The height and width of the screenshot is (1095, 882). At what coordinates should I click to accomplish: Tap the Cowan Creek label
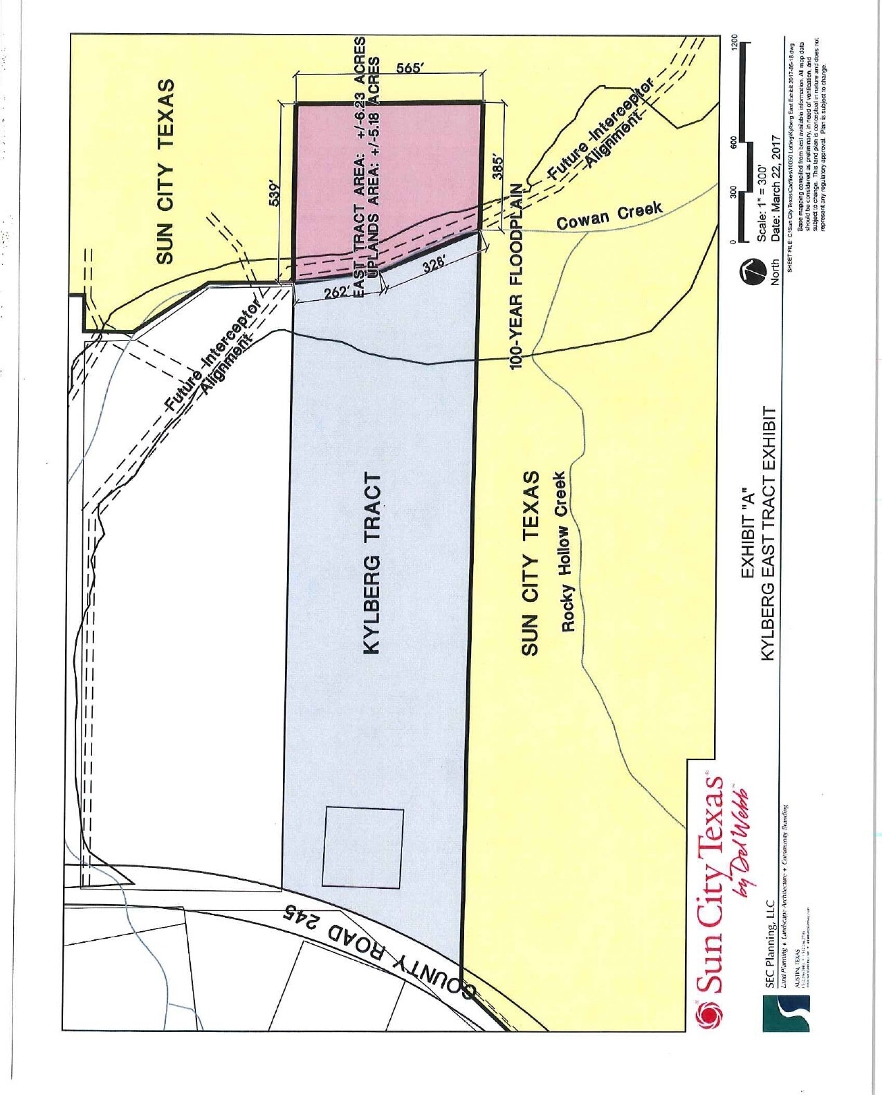(x=609, y=215)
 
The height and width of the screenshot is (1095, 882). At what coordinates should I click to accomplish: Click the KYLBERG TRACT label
(x=372, y=563)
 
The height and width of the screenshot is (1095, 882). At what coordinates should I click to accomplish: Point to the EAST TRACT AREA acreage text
(x=360, y=166)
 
